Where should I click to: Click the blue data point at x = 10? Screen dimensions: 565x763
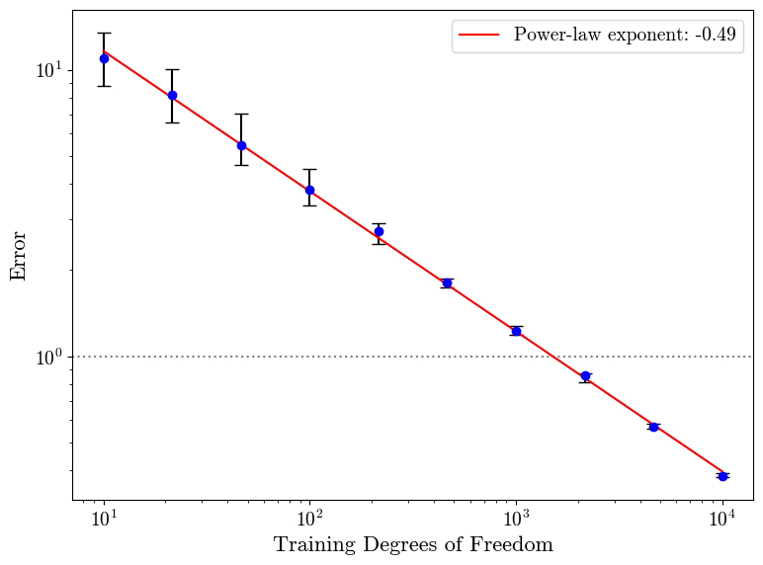point(104,58)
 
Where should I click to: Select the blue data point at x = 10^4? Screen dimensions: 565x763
point(722,476)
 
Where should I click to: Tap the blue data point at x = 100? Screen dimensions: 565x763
point(309,190)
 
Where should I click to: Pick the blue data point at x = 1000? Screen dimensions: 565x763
point(516,331)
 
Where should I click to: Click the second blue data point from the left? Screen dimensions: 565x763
point(172,95)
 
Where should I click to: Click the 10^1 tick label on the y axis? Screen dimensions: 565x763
point(48,70)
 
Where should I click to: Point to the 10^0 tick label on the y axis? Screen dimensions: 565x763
point(48,357)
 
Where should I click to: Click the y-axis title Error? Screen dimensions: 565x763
point(19,256)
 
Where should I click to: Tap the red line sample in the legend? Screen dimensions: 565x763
point(480,36)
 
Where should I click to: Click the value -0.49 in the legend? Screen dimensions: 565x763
point(715,36)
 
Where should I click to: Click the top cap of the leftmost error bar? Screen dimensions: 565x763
point(104,33)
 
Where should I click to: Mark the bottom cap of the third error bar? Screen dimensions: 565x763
point(241,165)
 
